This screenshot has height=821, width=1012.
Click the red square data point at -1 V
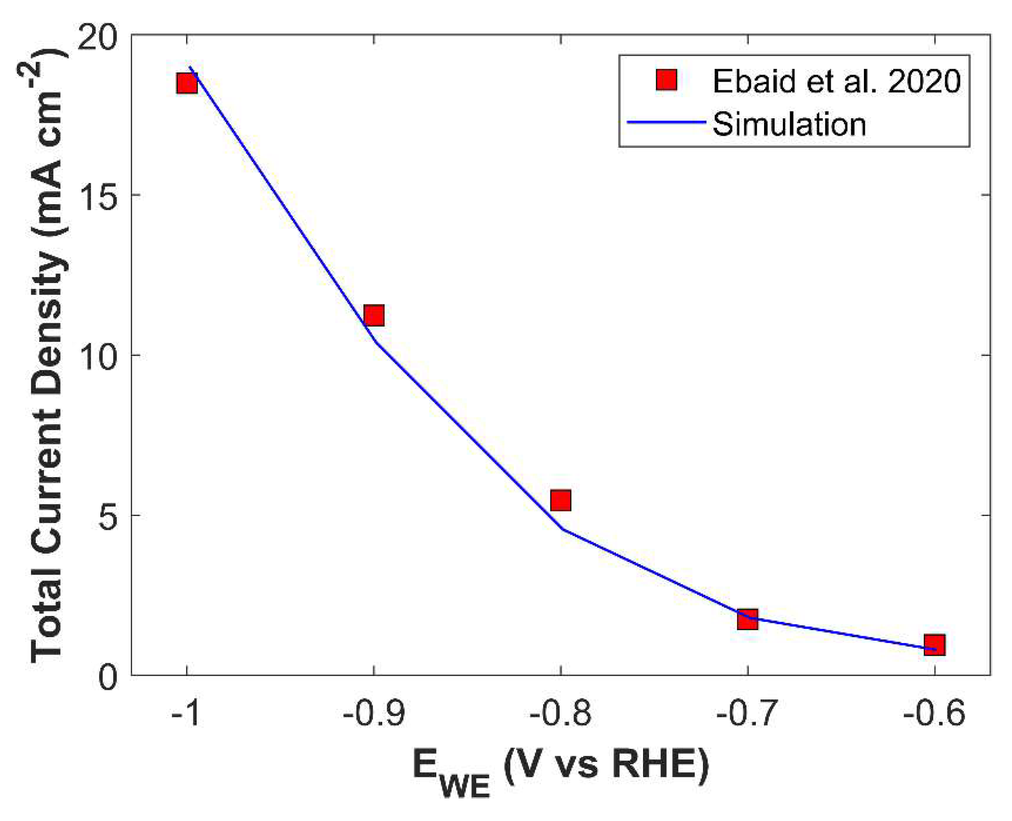pyautogui.click(x=187, y=84)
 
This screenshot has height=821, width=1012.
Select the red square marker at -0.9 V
pyautogui.click(x=374, y=316)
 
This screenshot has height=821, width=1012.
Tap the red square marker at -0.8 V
pyautogui.click(x=561, y=500)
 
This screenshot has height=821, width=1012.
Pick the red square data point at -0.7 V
pyautogui.click(x=748, y=619)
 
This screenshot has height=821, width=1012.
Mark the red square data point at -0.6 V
pyautogui.click(x=935, y=644)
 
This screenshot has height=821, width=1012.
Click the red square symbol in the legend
pyautogui.click(x=666, y=80)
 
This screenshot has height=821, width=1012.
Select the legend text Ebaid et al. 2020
pyautogui.click(x=837, y=81)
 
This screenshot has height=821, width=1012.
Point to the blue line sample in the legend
pyautogui.click(x=666, y=122)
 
